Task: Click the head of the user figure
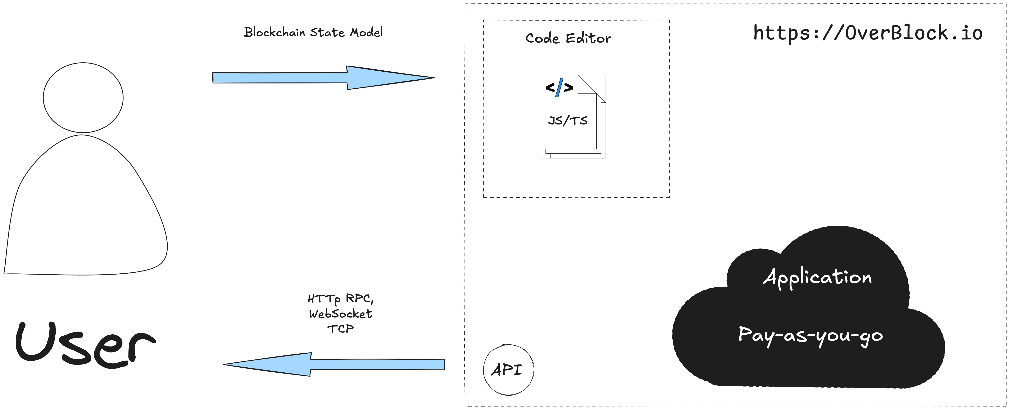tap(83, 98)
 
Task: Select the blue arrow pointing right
tap(323, 78)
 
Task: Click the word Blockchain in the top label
tap(274, 32)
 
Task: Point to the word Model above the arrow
tap(366, 32)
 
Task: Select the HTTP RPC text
tap(340, 299)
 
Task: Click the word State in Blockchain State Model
tap(327, 32)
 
